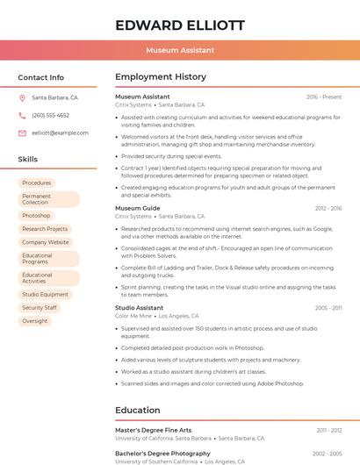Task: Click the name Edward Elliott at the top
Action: coord(180,25)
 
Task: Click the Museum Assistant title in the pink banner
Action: coord(180,51)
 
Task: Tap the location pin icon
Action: coord(22,97)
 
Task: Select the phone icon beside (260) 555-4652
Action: coord(22,115)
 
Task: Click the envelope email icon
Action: coord(22,133)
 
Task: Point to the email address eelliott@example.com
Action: coord(60,133)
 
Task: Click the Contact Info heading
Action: coord(41,77)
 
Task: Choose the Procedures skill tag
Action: coord(37,182)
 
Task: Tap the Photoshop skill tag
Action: coord(36,215)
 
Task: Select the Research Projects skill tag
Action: coord(45,229)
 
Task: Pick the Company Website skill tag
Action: coord(46,242)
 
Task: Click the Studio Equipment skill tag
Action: coord(46,295)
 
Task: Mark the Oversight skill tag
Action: coord(35,321)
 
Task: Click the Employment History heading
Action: coord(161,77)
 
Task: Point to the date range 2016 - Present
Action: coord(324,97)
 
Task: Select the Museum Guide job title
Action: coord(138,208)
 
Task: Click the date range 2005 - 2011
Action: coord(328,308)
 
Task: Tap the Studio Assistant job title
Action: coord(140,308)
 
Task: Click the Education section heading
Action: coord(138,410)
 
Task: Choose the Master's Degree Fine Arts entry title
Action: coord(153,430)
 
